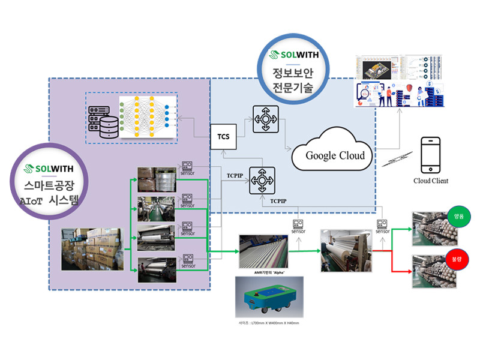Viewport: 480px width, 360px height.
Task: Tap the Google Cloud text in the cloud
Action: pos(335,155)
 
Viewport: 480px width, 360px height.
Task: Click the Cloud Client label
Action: pos(430,181)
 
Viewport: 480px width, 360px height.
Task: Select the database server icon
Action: pos(103,118)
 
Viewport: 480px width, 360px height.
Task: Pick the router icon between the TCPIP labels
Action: pos(262,179)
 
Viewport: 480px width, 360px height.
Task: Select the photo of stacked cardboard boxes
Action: pos(91,248)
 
